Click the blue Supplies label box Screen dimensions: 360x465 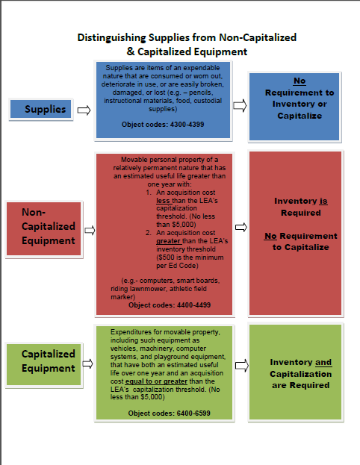click(40, 109)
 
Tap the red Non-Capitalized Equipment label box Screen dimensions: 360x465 click(43, 228)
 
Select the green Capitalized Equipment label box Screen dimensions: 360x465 click(43, 364)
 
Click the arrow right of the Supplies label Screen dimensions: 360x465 click(84, 110)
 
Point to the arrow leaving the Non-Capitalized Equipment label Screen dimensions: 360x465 click(90, 231)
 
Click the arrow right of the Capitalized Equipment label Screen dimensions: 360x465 click(87, 363)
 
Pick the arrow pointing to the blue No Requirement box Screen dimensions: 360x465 click(240, 105)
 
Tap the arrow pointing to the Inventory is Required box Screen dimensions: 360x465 click(241, 228)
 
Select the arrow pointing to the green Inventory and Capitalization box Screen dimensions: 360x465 click(242, 366)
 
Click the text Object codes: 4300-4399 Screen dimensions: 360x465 click(163, 125)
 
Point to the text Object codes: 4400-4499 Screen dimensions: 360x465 click(170, 305)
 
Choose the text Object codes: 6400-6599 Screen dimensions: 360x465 click(169, 413)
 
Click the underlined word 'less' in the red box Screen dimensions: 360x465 click(163, 201)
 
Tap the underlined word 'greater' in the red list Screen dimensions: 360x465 click(168, 241)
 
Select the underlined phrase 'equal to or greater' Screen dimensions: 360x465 click(156, 381)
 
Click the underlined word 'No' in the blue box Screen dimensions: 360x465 click(300, 81)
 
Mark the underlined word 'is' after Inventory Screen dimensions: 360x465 click(323, 201)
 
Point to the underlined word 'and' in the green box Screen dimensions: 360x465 click(323, 363)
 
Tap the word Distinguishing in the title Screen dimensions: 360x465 click(111, 38)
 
